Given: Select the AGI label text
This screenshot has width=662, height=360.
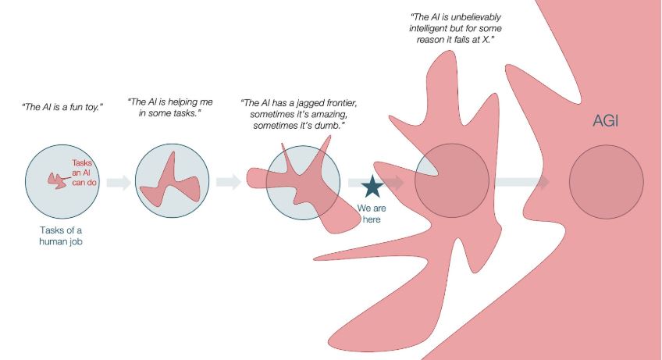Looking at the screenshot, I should pos(604,123).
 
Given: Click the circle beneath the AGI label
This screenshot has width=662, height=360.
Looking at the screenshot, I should pos(606,182).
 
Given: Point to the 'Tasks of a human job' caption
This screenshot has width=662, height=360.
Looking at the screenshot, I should pos(61,236).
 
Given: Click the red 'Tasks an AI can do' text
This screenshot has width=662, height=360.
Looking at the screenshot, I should pos(83,170).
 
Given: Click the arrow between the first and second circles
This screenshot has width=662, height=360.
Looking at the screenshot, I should pos(119,183).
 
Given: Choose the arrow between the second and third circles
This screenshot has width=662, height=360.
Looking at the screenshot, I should pos(228,183).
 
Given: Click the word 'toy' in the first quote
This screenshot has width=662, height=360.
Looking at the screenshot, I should pos(99,105).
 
